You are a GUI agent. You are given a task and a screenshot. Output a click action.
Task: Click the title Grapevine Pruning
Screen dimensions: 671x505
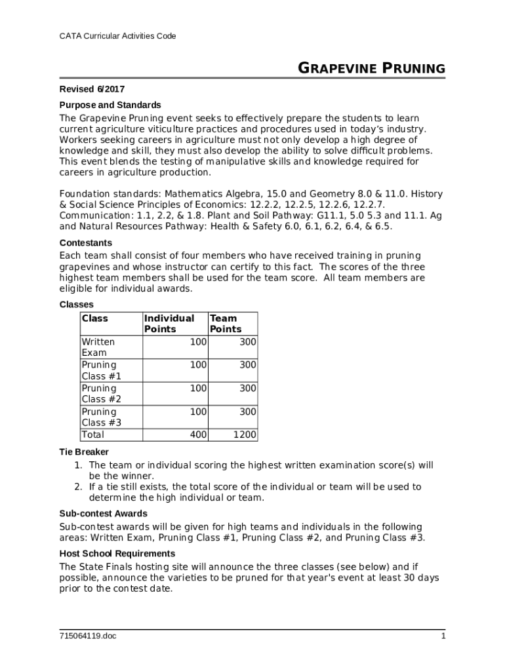372,69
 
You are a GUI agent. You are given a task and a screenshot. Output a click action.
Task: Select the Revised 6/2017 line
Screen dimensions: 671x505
92,89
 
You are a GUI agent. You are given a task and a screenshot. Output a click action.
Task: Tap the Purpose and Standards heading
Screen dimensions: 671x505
110,105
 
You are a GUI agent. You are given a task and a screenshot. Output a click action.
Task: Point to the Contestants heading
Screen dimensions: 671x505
85,242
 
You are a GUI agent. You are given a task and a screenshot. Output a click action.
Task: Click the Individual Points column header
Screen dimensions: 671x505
169,324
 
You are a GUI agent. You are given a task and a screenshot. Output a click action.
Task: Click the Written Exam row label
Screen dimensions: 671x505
98,347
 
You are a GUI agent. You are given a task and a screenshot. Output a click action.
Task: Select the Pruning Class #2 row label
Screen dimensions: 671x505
101,394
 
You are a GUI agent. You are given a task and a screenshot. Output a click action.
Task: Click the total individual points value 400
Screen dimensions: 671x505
198,435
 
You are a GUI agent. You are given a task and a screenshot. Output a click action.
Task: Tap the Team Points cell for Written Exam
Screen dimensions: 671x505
247,342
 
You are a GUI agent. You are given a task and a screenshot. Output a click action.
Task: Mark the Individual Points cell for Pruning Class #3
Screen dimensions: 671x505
198,412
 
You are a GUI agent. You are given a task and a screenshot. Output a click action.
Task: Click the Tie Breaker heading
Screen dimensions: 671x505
84,452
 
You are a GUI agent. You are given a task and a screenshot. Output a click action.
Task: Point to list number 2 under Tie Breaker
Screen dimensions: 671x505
77,487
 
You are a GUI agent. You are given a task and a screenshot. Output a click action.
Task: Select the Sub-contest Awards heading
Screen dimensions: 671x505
103,514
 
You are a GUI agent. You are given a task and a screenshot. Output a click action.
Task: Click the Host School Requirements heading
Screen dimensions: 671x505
117,554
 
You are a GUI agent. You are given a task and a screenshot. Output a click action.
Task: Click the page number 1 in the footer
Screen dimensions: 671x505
443,636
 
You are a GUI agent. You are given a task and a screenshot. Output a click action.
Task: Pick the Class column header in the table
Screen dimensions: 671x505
94,318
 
